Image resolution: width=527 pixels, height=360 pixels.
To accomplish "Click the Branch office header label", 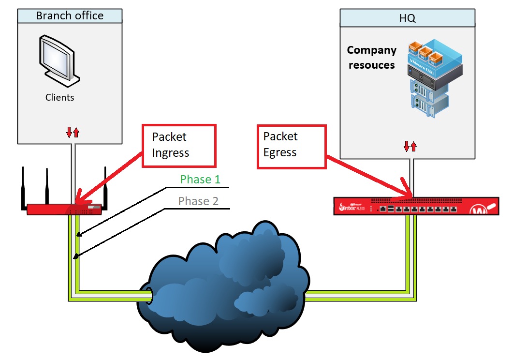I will pyautogui.click(x=70, y=15).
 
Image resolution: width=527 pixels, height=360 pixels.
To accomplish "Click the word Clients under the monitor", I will pyautogui.click(x=60, y=97).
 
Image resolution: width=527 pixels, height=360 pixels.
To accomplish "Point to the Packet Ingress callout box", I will pyautogui.click(x=178, y=146).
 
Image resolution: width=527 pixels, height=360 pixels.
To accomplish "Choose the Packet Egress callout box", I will pyautogui.click(x=291, y=147).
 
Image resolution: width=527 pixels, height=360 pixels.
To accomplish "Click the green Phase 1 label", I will pyautogui.click(x=200, y=180).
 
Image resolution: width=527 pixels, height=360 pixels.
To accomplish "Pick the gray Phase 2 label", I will pyautogui.click(x=198, y=201).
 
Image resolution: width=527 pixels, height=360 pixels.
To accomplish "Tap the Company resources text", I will pyautogui.click(x=371, y=58).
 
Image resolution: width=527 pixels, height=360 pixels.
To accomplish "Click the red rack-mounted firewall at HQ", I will pyautogui.click(x=416, y=206).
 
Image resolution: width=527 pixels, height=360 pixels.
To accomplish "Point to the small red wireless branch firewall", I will pyautogui.click(x=64, y=209).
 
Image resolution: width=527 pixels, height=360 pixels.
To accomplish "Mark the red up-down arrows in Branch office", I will pyautogui.click(x=73, y=132).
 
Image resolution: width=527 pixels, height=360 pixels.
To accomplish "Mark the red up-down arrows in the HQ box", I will pyautogui.click(x=410, y=146).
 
